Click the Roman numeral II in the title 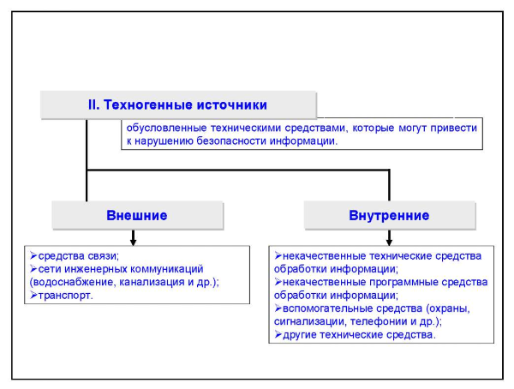(93, 105)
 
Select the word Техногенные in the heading (148, 105)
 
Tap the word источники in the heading (232, 105)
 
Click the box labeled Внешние (138, 215)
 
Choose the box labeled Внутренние (390, 215)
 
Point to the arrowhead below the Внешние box (133, 242)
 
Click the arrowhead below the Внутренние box (389, 242)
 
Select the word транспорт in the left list (64, 296)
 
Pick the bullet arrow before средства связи (33, 255)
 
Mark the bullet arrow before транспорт (33, 295)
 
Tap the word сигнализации (308, 322)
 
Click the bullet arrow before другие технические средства (278, 334)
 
